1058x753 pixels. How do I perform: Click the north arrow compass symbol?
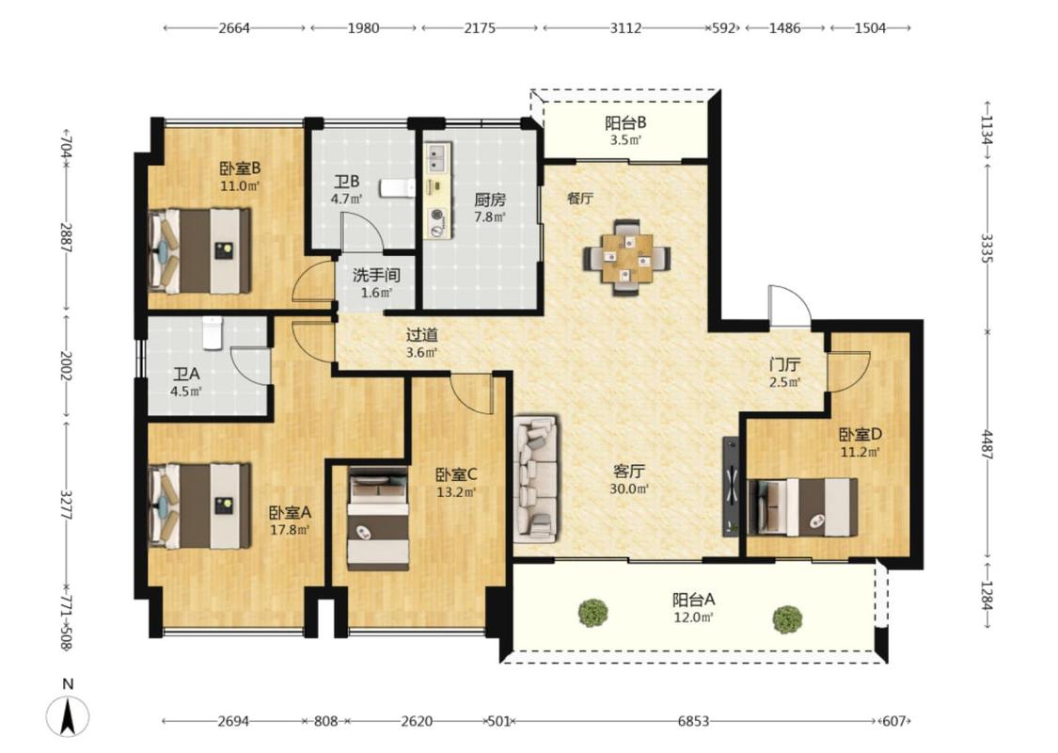coord(68,716)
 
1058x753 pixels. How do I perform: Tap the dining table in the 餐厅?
coord(627,257)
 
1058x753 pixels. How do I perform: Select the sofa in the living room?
coord(536,479)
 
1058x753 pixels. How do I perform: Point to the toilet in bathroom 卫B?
coord(397,187)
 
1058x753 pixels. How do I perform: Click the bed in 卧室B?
coord(199,250)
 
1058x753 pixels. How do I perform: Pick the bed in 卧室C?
coord(378,519)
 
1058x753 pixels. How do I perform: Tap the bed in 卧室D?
coord(803,506)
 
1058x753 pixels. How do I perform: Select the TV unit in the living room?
coord(731,487)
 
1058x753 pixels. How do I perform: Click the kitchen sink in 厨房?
coord(437,160)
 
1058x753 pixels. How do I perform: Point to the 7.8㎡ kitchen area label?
coord(490,217)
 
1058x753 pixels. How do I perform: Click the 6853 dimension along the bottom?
coord(694,721)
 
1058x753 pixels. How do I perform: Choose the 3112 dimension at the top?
coord(625,28)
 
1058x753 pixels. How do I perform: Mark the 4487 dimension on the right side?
coord(987,445)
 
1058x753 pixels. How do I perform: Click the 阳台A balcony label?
coord(694,599)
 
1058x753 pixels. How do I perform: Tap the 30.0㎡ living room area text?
coord(629,489)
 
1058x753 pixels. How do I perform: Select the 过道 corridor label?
coord(422,334)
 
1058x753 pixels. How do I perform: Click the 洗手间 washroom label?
coord(376,275)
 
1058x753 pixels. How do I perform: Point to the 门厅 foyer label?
coord(784,364)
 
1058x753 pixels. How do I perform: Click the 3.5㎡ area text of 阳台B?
coord(625,140)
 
